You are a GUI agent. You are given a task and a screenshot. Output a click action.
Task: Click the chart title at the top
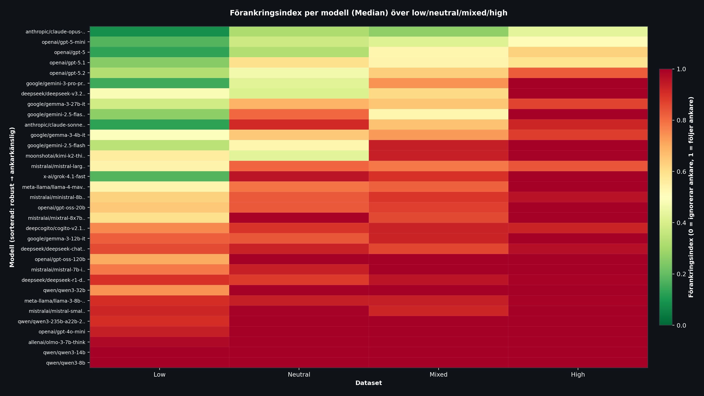[368, 13]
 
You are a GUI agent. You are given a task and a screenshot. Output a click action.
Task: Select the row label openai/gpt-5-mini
[63, 42]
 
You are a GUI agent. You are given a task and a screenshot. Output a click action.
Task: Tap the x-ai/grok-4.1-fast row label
[64, 177]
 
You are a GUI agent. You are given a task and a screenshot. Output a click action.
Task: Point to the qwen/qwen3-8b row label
[66, 363]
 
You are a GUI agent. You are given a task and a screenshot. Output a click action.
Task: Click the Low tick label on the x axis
[159, 374]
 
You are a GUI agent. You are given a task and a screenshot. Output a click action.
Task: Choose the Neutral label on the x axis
[299, 374]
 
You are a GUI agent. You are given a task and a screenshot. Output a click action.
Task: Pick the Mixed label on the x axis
[438, 374]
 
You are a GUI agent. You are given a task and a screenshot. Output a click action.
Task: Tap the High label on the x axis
[578, 374]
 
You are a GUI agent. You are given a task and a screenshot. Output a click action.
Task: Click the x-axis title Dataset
[368, 383]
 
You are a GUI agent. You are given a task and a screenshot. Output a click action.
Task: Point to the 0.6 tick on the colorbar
[681, 172]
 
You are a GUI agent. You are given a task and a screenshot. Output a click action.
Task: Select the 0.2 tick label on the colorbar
[681, 274]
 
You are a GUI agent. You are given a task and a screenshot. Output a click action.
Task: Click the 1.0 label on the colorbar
[681, 69]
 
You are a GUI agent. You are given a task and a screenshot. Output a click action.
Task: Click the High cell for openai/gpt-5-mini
[578, 42]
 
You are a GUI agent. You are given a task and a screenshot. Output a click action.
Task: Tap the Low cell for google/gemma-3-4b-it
[159, 135]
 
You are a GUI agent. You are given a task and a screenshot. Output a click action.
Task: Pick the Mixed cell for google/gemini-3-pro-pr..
[438, 83]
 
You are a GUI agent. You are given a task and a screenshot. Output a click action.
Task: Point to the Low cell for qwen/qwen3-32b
[159, 290]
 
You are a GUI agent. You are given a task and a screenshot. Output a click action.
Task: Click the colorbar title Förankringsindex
[691, 197]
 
